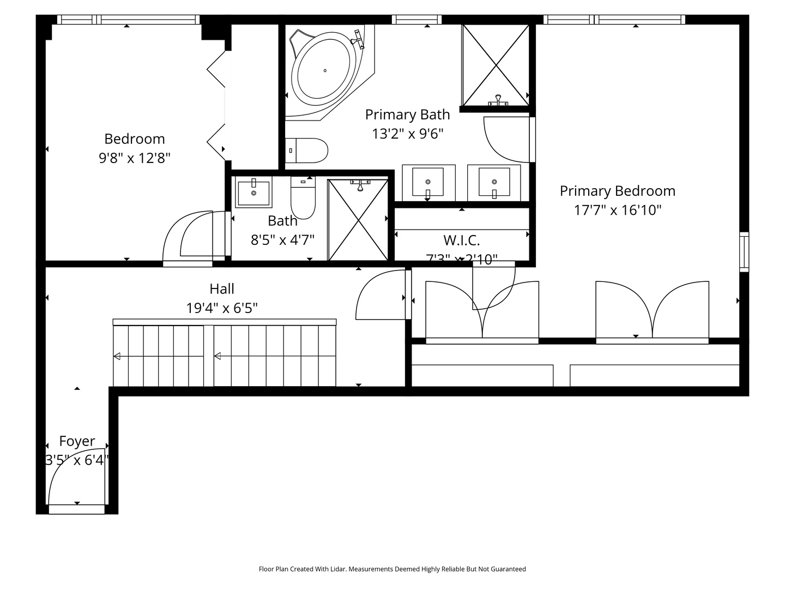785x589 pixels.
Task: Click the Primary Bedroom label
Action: click(x=617, y=191)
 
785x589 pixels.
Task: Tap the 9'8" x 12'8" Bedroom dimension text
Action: click(x=135, y=158)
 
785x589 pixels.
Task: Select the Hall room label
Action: click(x=222, y=289)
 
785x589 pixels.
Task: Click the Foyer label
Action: click(x=77, y=441)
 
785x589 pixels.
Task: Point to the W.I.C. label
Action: click(x=461, y=240)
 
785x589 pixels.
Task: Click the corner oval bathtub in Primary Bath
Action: click(x=325, y=70)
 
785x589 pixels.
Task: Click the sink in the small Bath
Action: click(x=253, y=193)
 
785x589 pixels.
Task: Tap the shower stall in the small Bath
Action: click(x=358, y=220)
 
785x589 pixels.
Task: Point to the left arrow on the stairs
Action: click(x=117, y=357)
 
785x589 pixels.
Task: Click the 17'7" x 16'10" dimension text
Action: click(x=617, y=210)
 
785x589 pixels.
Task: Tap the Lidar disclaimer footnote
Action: click(x=392, y=569)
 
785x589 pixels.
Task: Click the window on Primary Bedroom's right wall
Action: click(x=744, y=251)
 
